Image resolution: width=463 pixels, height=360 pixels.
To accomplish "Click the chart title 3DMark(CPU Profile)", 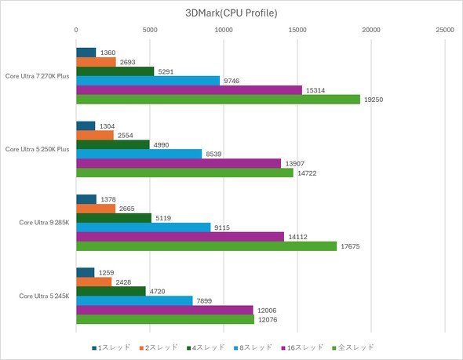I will coord(231,13).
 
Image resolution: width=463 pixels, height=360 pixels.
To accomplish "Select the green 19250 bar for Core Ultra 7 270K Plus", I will coord(217,100).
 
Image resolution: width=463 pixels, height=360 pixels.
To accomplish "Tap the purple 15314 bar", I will coord(188,90).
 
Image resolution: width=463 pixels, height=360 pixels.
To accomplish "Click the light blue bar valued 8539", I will coord(139,154).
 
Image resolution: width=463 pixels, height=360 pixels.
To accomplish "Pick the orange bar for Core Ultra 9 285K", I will coord(95,209).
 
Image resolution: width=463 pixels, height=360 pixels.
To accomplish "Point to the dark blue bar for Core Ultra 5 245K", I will coord(85,272).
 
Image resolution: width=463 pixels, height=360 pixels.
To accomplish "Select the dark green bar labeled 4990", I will coord(112,144).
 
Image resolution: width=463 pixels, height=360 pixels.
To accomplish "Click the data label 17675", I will coord(350,246).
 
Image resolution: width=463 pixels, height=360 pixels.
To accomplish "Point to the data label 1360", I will coord(108,53).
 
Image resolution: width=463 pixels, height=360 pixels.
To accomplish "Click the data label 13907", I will coord(294,163).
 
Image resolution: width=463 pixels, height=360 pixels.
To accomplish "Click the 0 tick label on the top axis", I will coord(76,30).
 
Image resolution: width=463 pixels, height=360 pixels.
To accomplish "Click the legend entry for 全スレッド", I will coord(354,347).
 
